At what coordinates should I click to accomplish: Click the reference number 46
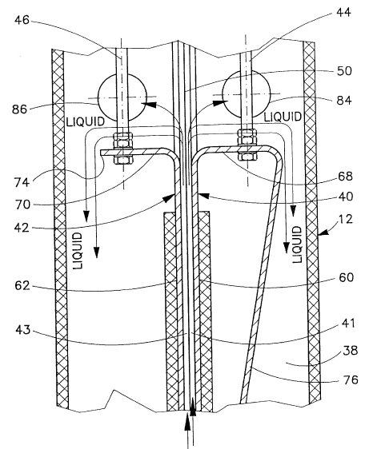coord(22,20)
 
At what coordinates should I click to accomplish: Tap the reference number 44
coord(343,13)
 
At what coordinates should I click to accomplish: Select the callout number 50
coord(344,71)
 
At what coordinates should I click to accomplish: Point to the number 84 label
coord(344,101)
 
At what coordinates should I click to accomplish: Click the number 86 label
coord(19,109)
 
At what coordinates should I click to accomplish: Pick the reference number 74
coord(22,182)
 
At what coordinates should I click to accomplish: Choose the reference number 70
coord(23,205)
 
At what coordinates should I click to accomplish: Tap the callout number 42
coord(22,228)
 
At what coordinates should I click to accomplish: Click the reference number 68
coord(345,176)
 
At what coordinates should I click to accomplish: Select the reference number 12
coord(346,220)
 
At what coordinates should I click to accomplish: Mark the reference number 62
coord(22,285)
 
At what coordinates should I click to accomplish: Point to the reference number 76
coord(351,379)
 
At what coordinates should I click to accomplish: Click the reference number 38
coord(351,351)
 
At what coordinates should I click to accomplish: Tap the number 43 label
coord(23,330)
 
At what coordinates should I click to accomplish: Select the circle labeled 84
coord(271,94)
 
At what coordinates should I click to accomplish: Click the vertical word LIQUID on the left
coord(78,251)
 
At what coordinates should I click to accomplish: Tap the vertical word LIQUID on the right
coord(297,244)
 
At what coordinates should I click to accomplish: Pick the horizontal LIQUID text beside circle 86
coord(86,121)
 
